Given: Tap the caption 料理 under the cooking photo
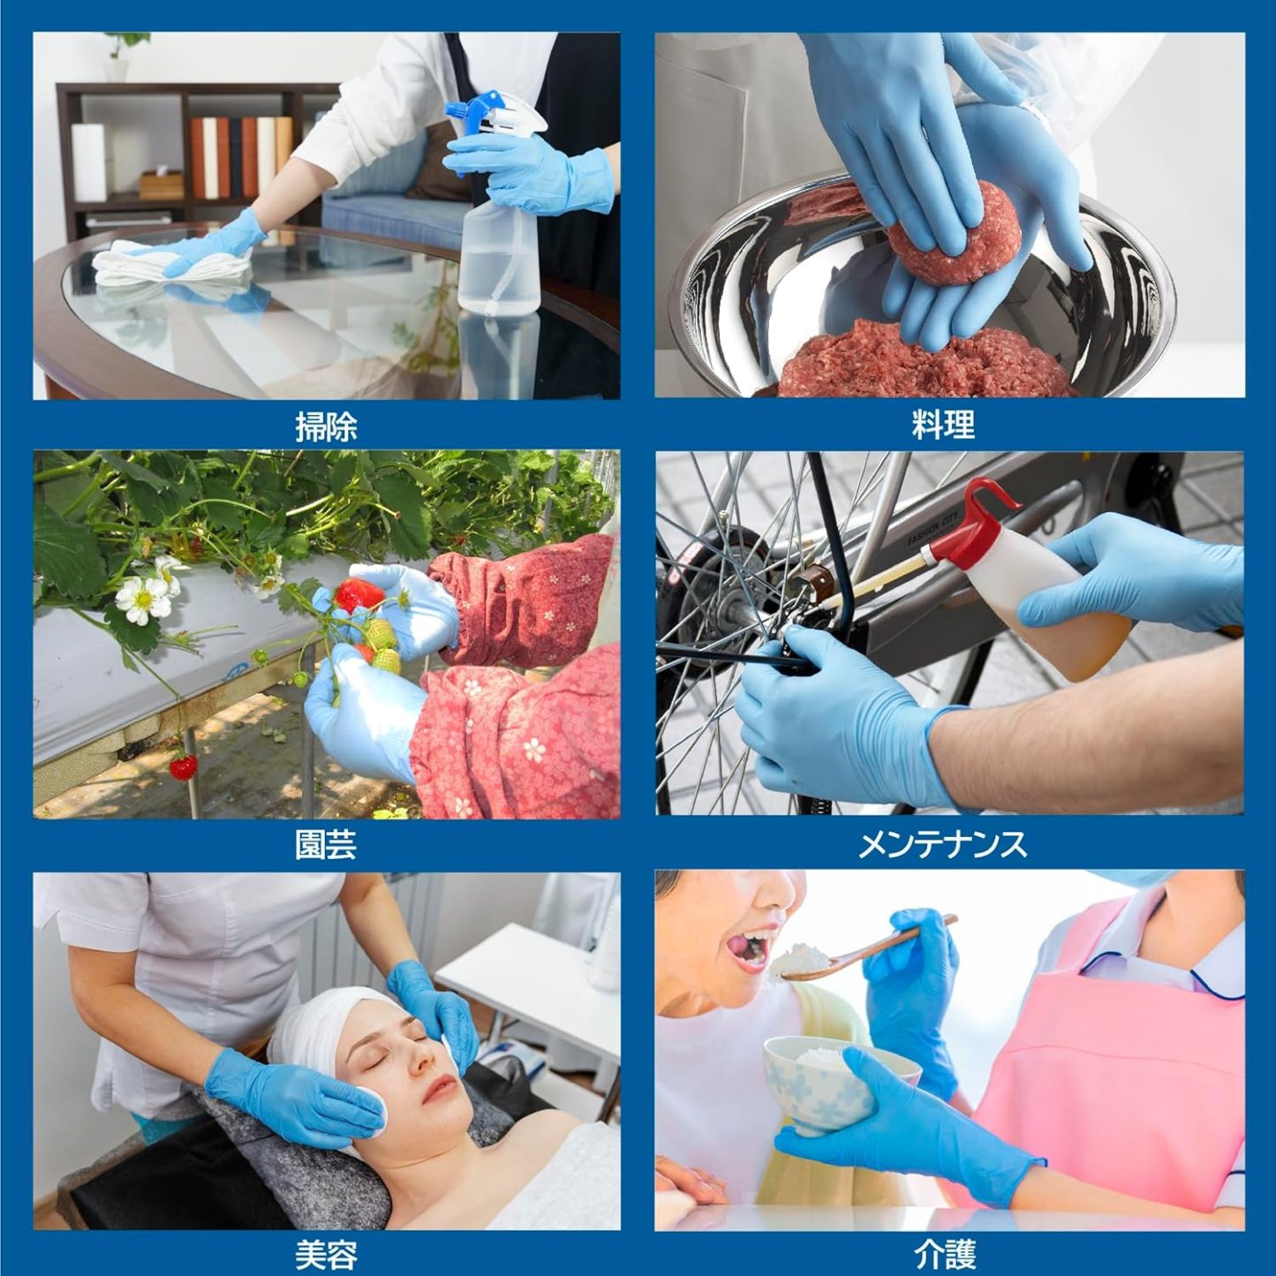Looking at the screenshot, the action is point(943,425).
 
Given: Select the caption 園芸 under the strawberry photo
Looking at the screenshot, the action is point(326,846).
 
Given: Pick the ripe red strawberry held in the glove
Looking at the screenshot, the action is point(359,594).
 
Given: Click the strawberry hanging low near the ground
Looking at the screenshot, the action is point(184,767).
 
